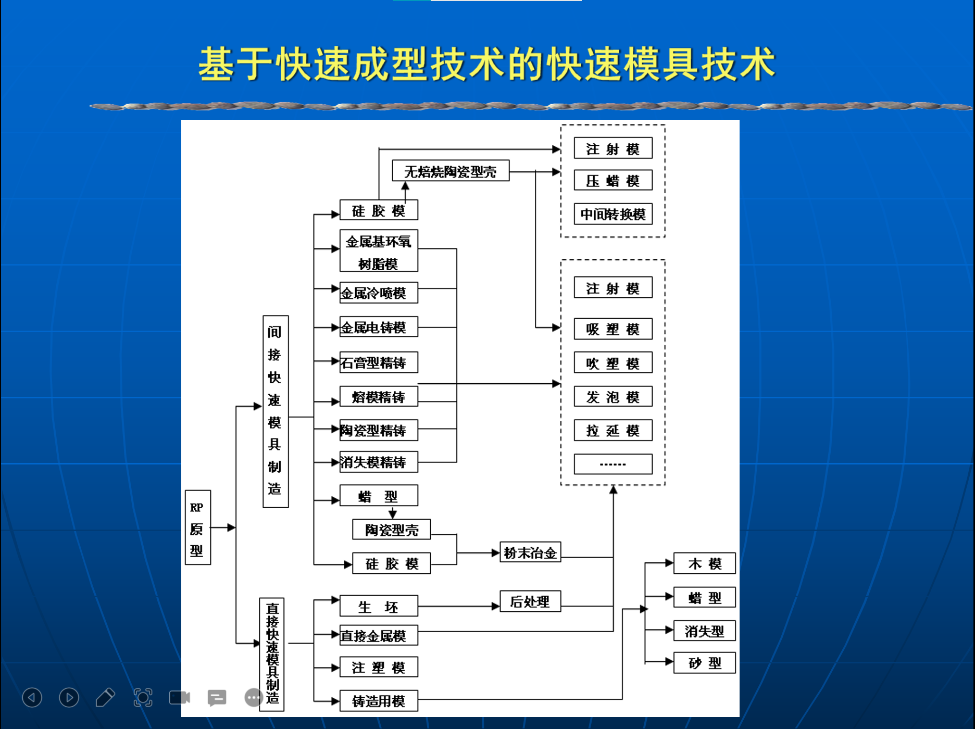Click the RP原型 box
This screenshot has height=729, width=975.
click(x=197, y=527)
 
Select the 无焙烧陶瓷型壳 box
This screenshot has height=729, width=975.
click(x=450, y=171)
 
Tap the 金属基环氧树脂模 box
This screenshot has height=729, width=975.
click(x=379, y=251)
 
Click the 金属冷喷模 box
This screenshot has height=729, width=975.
click(x=379, y=293)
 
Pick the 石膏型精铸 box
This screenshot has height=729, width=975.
click(x=379, y=362)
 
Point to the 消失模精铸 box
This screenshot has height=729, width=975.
click(x=379, y=462)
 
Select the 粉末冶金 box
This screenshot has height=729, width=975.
click(x=530, y=552)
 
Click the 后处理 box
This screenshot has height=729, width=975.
click(x=530, y=601)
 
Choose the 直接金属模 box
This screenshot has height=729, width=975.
click(x=379, y=635)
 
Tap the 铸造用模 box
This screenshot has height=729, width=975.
click(x=379, y=701)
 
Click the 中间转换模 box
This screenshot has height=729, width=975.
click(x=613, y=214)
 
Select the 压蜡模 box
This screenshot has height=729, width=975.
click(x=613, y=181)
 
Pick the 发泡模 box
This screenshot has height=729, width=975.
click(x=613, y=397)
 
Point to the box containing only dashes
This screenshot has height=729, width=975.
click(x=613, y=464)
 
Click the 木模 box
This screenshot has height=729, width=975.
click(x=704, y=563)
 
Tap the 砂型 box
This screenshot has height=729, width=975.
click(x=704, y=663)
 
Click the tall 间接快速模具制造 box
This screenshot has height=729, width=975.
click(x=275, y=411)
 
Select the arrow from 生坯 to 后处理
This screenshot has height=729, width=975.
click(x=458, y=606)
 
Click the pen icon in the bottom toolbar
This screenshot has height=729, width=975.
click(x=105, y=698)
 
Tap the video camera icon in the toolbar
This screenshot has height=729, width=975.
click(x=180, y=698)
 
